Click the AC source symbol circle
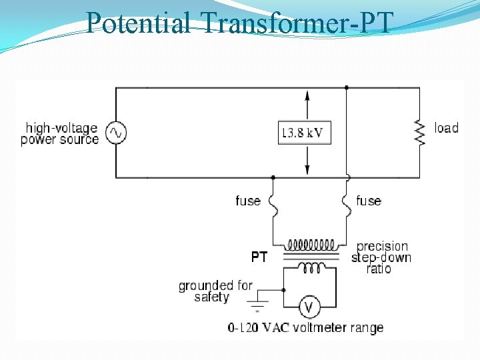point(116,133)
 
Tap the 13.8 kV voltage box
point(304,132)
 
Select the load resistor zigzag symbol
point(420,132)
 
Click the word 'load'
point(446,127)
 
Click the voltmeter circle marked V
point(309,307)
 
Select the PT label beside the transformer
point(259,257)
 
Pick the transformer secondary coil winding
point(309,267)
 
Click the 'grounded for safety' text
point(215,291)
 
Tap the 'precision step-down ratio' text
point(381,257)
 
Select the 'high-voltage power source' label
point(60,133)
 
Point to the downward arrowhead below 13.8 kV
point(307,170)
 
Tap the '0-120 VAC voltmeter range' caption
point(305,328)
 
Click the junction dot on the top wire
point(347,87)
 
